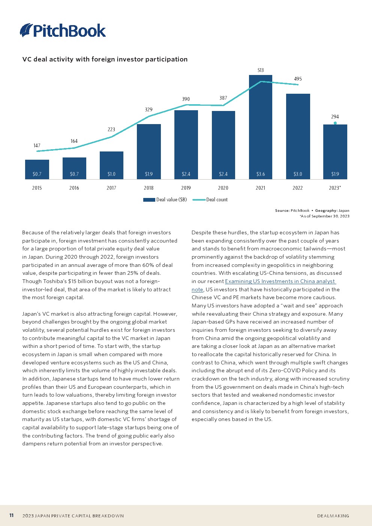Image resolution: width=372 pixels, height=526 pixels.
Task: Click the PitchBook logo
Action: tap(63, 30)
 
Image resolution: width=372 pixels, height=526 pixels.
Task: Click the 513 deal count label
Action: tap(260, 70)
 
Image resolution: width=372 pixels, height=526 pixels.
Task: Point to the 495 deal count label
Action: tap(298, 79)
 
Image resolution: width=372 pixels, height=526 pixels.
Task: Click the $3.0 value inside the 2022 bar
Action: tap(298, 174)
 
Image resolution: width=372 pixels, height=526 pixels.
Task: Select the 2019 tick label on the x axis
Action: tap(186, 188)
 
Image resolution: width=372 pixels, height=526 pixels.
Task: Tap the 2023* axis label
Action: tap(335, 188)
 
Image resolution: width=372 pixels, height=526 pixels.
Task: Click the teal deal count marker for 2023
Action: tap(335, 123)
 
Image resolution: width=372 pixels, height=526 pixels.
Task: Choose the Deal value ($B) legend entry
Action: tap(165, 200)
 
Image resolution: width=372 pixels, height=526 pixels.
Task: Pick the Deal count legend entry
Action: tap(210, 200)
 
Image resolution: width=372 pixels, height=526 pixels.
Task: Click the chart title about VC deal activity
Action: tap(105, 59)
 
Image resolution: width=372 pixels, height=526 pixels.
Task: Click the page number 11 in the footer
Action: tap(11, 516)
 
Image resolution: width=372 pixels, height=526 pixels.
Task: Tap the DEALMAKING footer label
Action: tap(333, 516)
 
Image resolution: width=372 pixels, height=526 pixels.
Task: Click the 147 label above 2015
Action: tap(37, 145)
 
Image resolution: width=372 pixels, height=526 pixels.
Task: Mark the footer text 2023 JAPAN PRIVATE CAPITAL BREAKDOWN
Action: tap(73, 516)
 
